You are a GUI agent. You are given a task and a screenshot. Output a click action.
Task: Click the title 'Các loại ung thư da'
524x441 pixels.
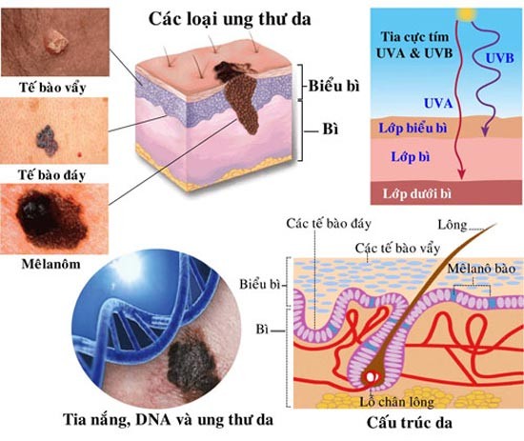click(230, 19)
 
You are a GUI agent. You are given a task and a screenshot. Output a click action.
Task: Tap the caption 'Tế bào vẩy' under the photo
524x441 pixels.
click(52, 88)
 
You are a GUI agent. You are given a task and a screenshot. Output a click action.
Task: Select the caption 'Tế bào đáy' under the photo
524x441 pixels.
click(51, 175)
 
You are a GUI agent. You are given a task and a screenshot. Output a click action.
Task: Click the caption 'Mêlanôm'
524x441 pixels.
click(51, 264)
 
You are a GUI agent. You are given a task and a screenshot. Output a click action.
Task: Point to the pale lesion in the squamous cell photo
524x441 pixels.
click(57, 41)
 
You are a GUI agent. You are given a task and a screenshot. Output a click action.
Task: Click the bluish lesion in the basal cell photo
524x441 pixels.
click(47, 140)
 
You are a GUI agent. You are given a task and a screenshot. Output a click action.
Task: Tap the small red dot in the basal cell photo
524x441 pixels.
click(79, 154)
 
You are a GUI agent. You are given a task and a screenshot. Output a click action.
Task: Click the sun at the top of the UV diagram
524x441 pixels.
click(467, 13)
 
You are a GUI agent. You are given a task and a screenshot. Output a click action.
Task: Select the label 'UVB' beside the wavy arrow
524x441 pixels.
click(499, 58)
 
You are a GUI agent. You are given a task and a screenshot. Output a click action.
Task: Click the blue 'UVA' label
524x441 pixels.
click(438, 104)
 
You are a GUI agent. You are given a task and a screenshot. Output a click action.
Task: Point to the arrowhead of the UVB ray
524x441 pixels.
click(486, 132)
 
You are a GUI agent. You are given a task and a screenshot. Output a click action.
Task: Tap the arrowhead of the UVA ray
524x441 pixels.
click(462, 173)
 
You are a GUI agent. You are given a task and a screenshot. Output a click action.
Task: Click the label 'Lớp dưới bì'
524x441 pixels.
click(417, 193)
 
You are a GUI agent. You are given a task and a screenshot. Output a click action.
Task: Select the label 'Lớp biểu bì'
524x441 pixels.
click(413, 128)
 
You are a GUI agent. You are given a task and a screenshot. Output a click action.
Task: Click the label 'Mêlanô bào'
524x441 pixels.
click(481, 269)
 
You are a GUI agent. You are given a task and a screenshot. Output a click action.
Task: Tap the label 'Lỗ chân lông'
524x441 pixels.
click(396, 402)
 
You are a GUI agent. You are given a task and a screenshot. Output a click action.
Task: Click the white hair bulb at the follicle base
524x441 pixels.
click(371, 377)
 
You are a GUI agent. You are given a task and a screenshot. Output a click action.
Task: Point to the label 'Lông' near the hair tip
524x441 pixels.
click(453, 225)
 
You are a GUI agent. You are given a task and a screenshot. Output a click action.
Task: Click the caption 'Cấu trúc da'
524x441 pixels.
click(410, 423)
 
